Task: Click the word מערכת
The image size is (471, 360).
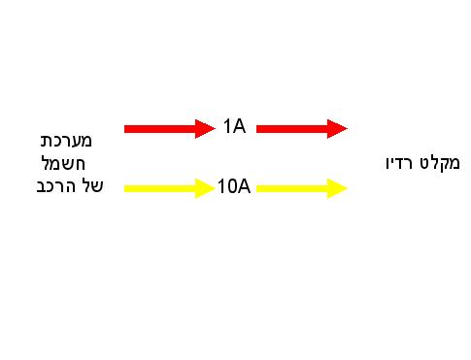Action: [66, 141]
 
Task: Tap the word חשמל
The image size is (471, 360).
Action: [63, 163]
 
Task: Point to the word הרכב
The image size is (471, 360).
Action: [56, 186]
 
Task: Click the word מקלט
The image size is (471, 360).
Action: [440, 163]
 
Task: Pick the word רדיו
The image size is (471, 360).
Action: [399, 163]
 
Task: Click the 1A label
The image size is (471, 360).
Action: [234, 126]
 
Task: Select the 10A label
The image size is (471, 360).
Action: [234, 186]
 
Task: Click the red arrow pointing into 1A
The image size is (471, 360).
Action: [170, 129]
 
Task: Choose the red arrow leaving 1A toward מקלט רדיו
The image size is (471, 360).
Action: [302, 129]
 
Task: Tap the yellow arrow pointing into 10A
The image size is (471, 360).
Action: [170, 188]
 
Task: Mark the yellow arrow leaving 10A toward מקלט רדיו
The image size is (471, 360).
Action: [302, 188]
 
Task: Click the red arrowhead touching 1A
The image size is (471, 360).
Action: [204, 129]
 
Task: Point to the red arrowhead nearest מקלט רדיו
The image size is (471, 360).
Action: [336, 129]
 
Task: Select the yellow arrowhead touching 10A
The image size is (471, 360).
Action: [204, 188]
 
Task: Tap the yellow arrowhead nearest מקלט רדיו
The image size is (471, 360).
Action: [336, 188]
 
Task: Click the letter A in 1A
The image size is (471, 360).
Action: [239, 126]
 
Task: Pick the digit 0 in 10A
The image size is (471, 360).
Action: [231, 186]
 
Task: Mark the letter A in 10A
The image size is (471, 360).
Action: [244, 186]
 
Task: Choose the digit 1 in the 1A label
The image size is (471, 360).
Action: [227, 126]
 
